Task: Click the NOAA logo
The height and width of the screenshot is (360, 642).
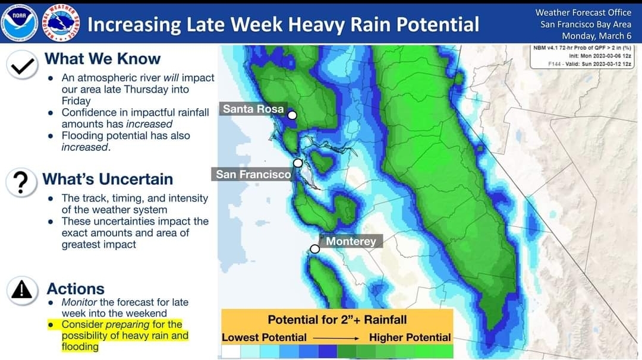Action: (x=19, y=23)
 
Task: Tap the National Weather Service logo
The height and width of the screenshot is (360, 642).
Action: (x=61, y=23)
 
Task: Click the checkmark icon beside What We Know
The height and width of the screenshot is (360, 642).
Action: (x=22, y=65)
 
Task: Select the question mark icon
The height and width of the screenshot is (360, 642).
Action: (x=21, y=182)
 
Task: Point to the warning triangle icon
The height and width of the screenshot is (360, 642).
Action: (x=22, y=290)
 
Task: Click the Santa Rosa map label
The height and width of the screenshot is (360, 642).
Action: (x=253, y=109)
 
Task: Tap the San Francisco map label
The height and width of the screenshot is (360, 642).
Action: (x=253, y=174)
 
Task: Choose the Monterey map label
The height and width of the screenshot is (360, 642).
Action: (x=351, y=241)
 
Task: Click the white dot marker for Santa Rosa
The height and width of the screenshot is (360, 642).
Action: (x=292, y=115)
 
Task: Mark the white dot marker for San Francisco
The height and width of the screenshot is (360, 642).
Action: (x=298, y=163)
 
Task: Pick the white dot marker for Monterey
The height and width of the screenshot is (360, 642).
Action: (x=314, y=249)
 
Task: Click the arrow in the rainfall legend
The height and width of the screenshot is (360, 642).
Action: (x=336, y=339)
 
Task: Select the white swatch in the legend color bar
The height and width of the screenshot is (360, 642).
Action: (x=231, y=352)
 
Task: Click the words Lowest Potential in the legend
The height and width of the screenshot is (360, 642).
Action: (x=264, y=337)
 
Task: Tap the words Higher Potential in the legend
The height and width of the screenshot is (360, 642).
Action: (x=410, y=337)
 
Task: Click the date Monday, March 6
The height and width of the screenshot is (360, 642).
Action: (x=597, y=36)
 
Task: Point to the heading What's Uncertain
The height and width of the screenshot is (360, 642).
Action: (x=108, y=179)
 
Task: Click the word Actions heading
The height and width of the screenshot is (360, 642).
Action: (x=75, y=289)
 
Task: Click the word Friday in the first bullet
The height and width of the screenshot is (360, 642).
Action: (x=76, y=100)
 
